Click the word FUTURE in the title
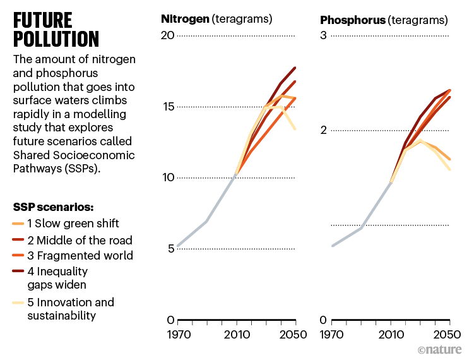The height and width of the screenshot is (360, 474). click(43, 20)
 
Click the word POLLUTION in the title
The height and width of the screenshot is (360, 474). click(56, 39)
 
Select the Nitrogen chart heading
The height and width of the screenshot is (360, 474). click(216, 19)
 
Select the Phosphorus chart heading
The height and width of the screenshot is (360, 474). click(384, 20)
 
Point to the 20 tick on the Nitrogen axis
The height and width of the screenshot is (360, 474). click(167, 35)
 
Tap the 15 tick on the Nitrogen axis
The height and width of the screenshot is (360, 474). click(168, 106)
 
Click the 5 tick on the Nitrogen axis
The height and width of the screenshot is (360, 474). click(170, 248)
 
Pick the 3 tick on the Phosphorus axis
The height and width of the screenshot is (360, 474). click(323, 35)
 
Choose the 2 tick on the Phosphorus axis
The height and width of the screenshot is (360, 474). click(323, 130)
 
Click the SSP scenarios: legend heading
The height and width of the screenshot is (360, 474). click(53, 207)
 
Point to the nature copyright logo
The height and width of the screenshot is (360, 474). click(440, 349)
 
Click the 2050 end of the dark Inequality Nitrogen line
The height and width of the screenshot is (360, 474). click(295, 68)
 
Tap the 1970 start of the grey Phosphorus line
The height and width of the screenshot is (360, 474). click(333, 246)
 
